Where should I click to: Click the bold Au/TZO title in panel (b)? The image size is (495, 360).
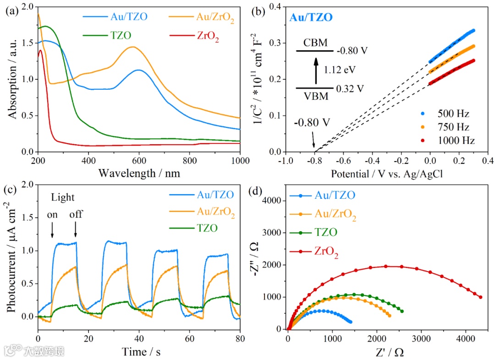point(311,18)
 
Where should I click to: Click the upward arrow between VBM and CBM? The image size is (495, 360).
point(315,69)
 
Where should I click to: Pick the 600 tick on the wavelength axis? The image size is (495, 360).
point(139,161)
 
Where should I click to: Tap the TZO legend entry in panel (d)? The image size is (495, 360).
point(326,233)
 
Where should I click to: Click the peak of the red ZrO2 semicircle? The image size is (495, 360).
point(386,266)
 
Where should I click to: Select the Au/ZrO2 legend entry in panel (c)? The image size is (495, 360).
point(215,212)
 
